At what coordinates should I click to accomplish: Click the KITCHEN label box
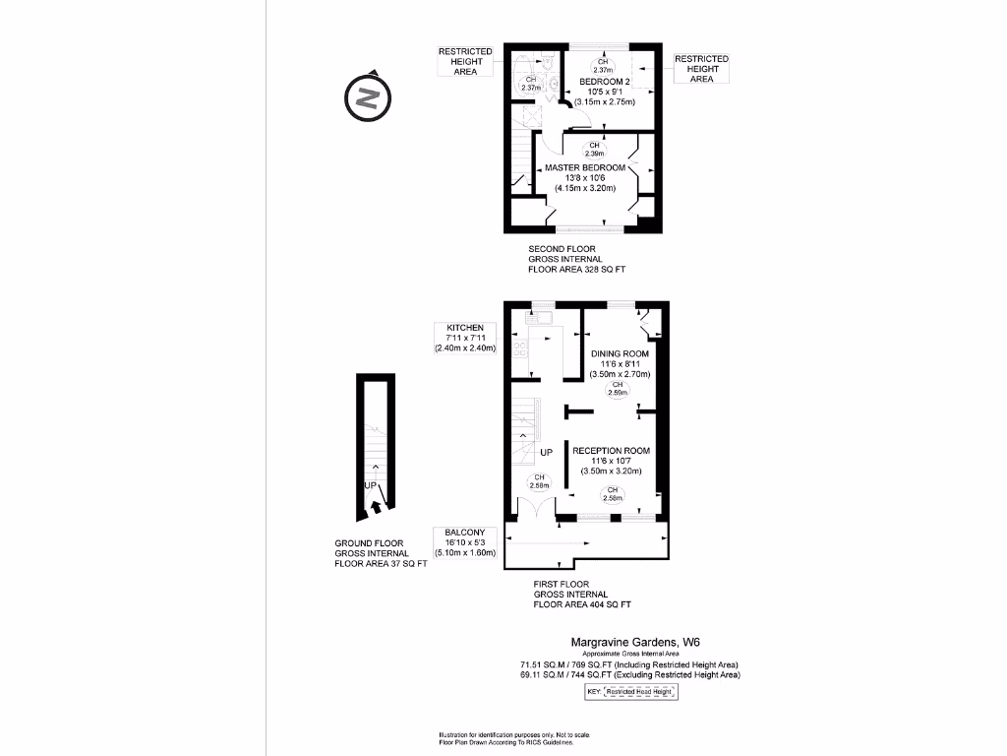point(465,338)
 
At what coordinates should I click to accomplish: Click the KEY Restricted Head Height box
point(631,692)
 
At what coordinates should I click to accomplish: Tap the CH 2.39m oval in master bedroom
point(594,151)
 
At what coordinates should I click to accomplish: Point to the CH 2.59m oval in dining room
point(618,391)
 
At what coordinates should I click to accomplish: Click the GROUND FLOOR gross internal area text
point(381,554)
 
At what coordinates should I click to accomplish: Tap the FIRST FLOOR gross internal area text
point(581,595)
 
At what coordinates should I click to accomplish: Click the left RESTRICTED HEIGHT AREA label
point(465,61)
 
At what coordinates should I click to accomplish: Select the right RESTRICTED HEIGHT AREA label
point(701,69)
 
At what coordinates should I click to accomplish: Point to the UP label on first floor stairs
point(547,452)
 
